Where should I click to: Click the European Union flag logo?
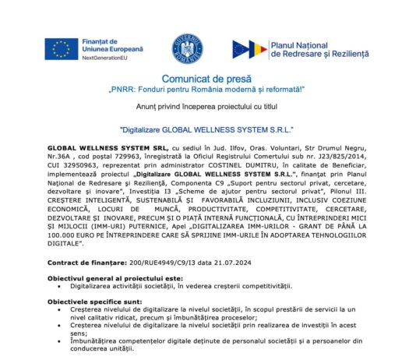click(x=61, y=49)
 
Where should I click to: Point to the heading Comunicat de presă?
click(x=207, y=79)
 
